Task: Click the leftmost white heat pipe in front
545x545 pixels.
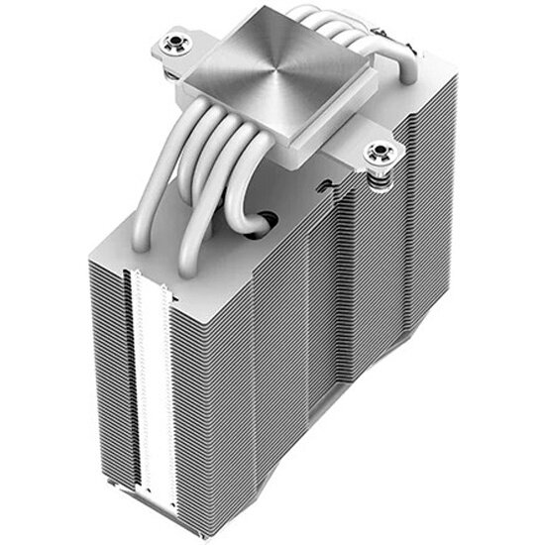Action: pos(159,198)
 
